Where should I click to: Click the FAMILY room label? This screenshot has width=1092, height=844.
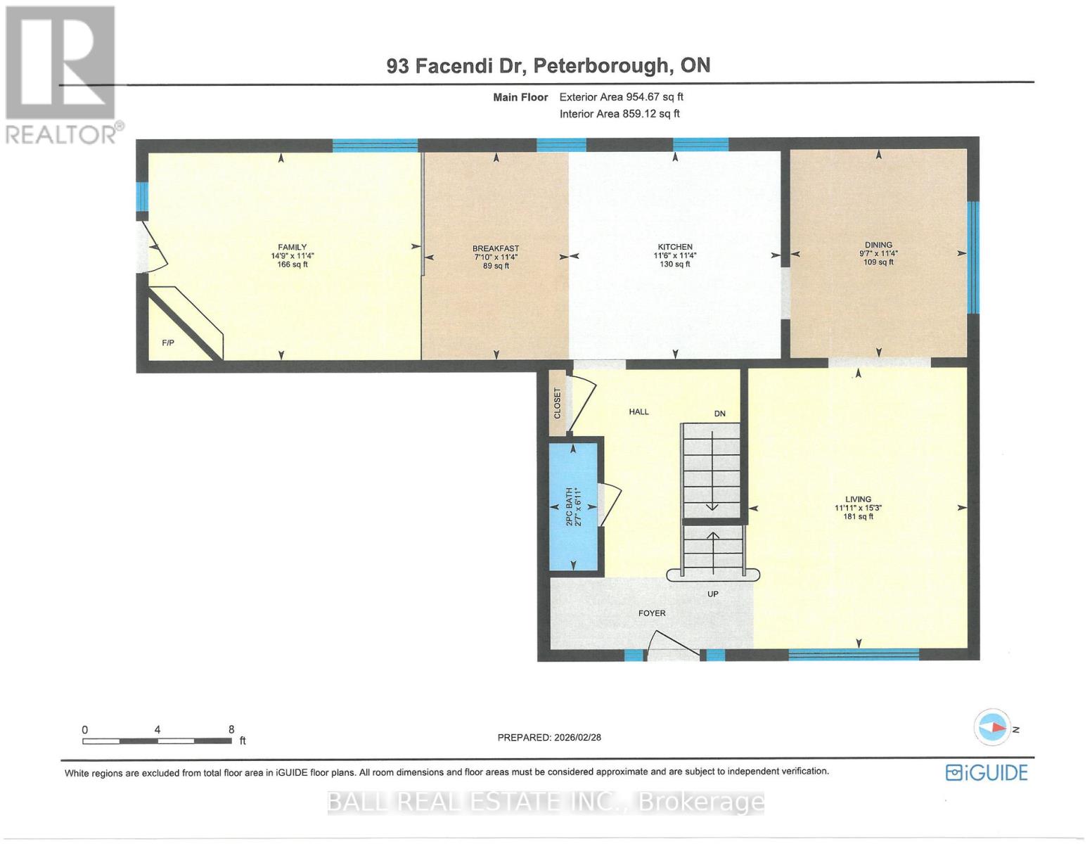pos(292,247)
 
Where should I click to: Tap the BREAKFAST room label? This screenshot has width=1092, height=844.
pos(496,248)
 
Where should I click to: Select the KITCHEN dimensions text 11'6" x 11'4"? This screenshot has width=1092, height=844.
pos(675,256)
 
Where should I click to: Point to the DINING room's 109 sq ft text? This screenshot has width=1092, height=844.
pos(878,262)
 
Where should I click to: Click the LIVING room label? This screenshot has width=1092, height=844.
pos(858,499)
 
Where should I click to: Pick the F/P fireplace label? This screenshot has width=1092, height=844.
pos(168,343)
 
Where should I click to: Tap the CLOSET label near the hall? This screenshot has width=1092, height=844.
pos(558,404)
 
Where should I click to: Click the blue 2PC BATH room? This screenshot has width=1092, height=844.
pos(574,506)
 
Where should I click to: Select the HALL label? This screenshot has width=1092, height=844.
pos(638,412)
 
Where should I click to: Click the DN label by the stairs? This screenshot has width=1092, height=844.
pos(719,414)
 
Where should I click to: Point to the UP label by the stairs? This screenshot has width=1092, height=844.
pos(713,594)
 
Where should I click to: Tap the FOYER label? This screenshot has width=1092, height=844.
pos(652,613)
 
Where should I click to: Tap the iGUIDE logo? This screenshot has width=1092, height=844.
pos(987,773)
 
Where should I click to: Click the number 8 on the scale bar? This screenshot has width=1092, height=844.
pos(231,730)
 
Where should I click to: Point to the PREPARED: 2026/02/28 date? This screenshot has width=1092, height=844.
pos(549,738)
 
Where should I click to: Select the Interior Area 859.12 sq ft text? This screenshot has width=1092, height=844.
pos(619,114)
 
